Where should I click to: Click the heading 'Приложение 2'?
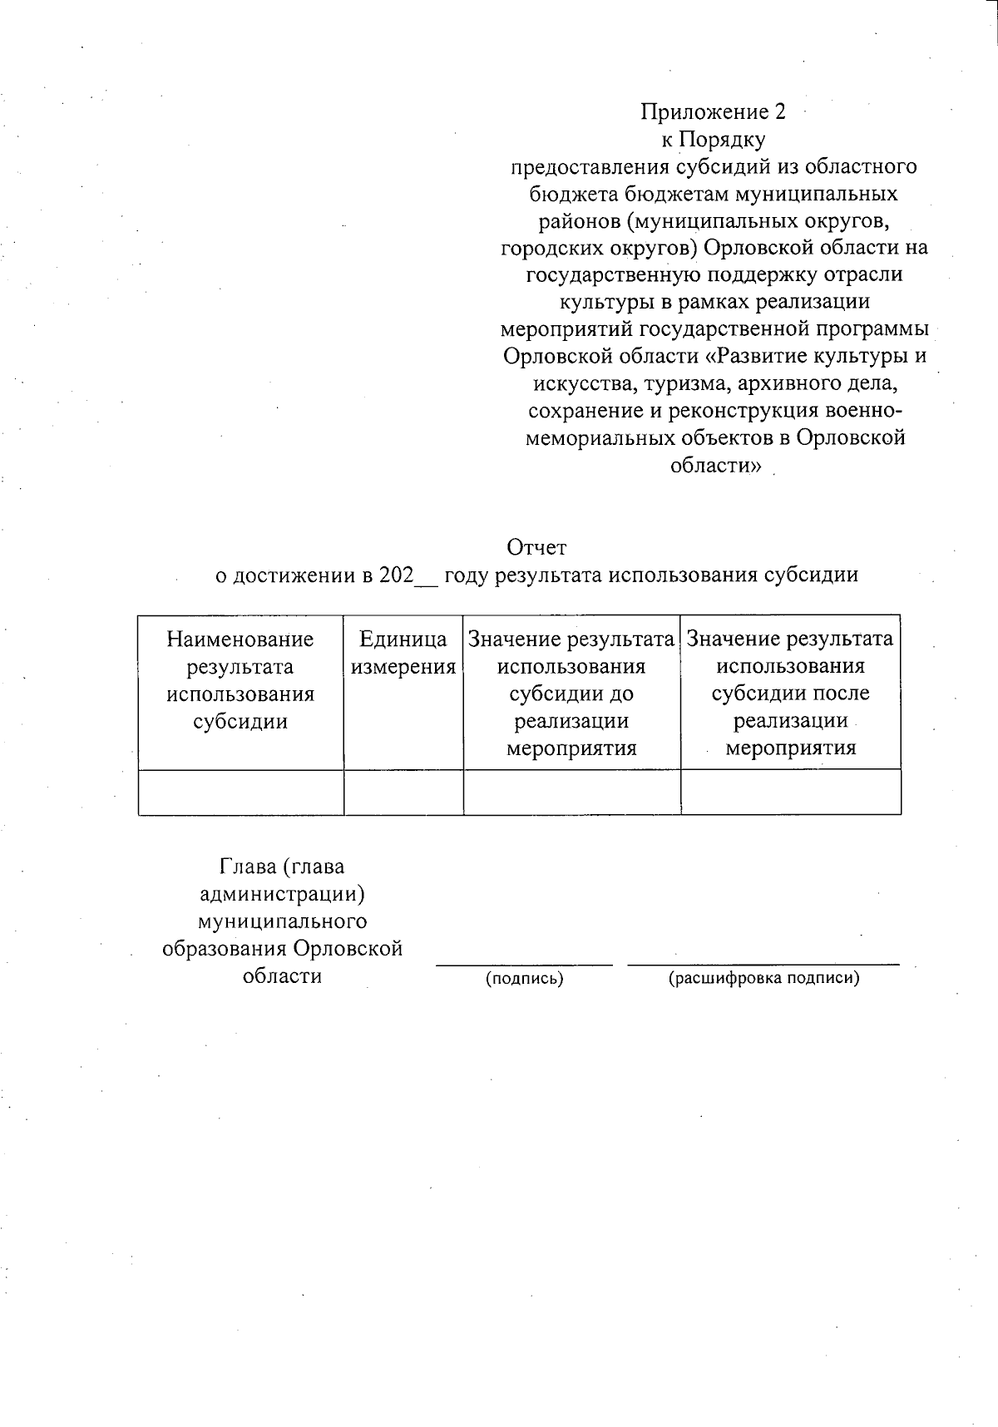[x=713, y=111]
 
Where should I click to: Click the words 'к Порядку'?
[x=713, y=139]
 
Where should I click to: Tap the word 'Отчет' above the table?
[x=536, y=548]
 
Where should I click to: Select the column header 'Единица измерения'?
[x=403, y=653]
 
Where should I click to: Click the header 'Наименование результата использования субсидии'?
[x=240, y=680]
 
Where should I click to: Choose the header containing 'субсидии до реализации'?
[x=571, y=694]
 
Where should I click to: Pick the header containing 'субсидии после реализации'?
[x=790, y=694]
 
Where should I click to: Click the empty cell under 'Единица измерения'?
[x=403, y=792]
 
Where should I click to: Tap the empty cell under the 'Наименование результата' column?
[x=240, y=792]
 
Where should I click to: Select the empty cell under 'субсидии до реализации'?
[x=571, y=792]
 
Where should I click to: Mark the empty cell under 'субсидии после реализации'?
[x=790, y=792]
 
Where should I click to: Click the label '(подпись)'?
[x=525, y=979]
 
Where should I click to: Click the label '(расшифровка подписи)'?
[x=763, y=979]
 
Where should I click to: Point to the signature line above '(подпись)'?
[x=525, y=965]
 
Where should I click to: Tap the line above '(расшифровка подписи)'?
[x=763, y=965]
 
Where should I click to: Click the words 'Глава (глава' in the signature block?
[x=282, y=867]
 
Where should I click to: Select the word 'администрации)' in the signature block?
[x=283, y=895]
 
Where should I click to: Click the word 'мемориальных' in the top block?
[x=593, y=438]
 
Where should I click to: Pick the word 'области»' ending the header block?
[x=715, y=466]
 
